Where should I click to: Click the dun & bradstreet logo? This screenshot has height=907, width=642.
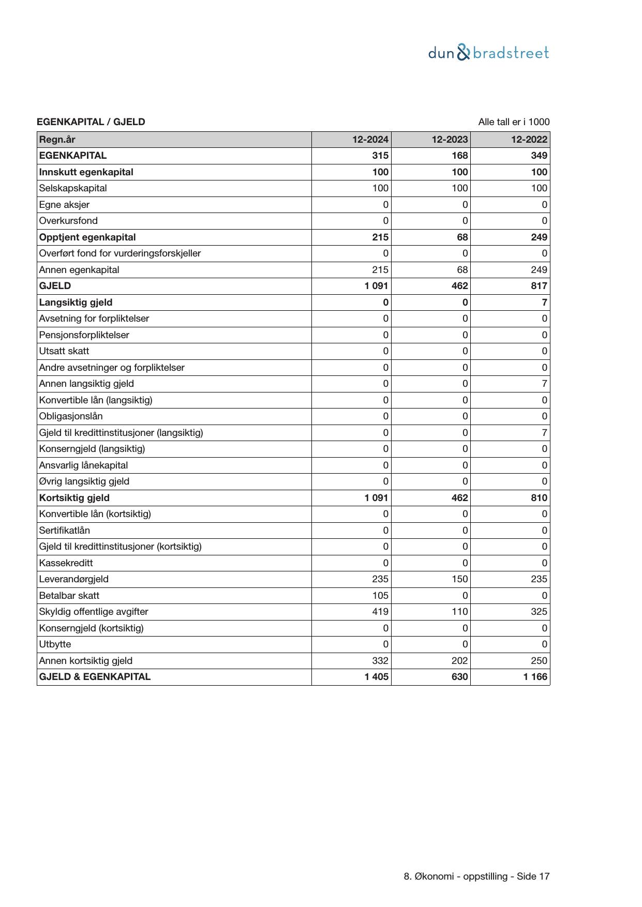488,53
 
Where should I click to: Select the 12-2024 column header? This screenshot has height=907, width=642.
370,140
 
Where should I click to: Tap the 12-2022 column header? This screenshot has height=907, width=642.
529,140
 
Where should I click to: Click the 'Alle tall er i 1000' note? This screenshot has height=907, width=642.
514,122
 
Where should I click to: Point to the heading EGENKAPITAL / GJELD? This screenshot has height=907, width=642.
91,122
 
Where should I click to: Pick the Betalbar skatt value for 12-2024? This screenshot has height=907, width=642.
380,596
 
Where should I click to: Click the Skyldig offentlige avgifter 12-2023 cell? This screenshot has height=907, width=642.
459,612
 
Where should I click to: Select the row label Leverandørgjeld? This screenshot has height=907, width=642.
74,579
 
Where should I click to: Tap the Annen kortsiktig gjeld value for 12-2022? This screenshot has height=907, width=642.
539,661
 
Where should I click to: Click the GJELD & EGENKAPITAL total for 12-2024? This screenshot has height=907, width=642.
376,677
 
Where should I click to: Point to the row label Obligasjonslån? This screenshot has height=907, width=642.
71,416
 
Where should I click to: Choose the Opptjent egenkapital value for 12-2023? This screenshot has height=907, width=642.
462,237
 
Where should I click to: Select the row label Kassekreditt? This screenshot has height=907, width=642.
66,563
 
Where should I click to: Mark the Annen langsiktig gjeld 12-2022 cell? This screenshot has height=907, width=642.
544,384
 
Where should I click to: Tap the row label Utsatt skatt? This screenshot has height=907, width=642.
64,351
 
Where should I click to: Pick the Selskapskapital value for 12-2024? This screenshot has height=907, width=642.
380,188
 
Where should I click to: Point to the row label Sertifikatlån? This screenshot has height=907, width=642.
65,531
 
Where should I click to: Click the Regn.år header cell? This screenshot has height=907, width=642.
57,140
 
